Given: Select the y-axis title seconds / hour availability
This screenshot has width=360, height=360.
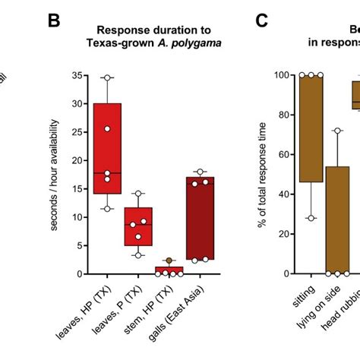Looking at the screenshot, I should pos(54,174).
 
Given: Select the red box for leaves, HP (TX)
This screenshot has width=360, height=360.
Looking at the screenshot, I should pos(107,148).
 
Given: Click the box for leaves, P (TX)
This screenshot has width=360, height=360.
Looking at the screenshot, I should pos(138,226).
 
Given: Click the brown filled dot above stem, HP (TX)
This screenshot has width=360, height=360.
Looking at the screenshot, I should pos(169,261).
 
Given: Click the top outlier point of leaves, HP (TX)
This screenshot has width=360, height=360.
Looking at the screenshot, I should pos(107,77).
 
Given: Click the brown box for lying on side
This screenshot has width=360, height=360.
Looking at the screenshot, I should pos(337,219).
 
